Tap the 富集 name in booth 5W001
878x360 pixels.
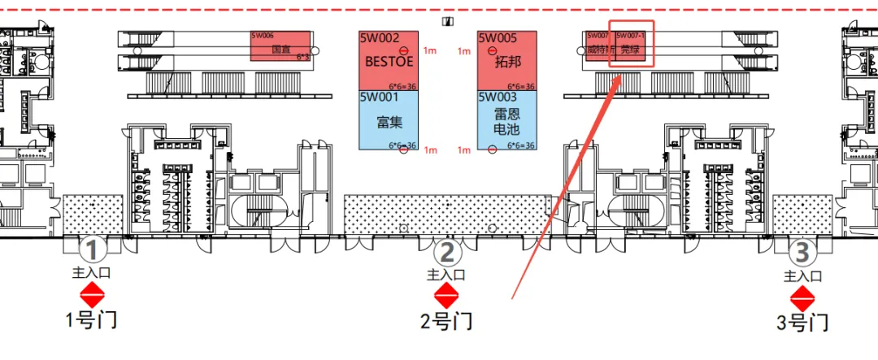click(389, 122)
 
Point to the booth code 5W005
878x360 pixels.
click(498, 38)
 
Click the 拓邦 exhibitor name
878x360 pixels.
click(506, 61)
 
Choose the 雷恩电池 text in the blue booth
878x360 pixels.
click(506, 122)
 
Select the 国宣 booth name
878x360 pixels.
click(280, 50)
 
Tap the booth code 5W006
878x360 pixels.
click(263, 36)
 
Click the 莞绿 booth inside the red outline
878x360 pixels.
click(629, 50)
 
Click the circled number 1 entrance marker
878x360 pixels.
click(93, 249)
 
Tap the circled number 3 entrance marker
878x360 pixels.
click(802, 253)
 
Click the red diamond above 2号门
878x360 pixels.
click(446, 296)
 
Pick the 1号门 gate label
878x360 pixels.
click(90, 320)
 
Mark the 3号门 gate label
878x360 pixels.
click(802, 323)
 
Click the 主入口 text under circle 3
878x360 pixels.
click(802, 276)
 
